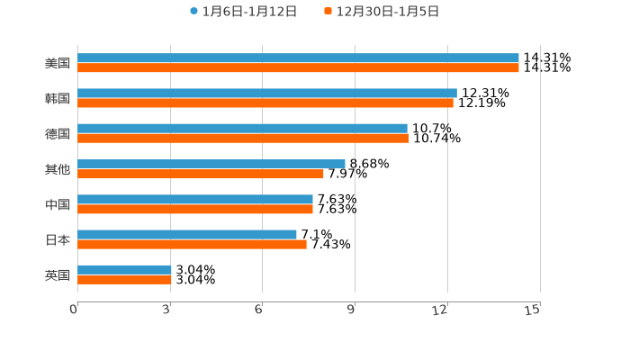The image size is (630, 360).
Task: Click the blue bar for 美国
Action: point(298,58)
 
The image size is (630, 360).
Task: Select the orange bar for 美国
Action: point(298,68)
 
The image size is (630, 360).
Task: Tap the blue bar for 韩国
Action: point(267,94)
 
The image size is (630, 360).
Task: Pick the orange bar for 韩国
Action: point(265,103)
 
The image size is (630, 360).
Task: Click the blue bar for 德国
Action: point(242,129)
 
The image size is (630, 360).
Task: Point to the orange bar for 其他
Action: point(201,174)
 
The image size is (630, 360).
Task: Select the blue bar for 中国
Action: point(195,200)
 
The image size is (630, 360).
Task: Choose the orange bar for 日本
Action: point(192,244)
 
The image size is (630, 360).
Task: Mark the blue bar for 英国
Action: point(124,270)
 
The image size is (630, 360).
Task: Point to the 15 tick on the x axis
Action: point(533,310)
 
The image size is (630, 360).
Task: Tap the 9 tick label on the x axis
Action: point(351,310)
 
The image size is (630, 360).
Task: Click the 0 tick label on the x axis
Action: point(74,310)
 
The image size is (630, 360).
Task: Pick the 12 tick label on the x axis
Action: point(440,310)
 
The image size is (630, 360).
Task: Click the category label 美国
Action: point(58,64)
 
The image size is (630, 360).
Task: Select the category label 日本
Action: point(58,239)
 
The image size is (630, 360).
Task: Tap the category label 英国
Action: point(58,274)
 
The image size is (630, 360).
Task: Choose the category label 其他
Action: point(58,169)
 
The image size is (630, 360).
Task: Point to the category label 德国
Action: point(58,134)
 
